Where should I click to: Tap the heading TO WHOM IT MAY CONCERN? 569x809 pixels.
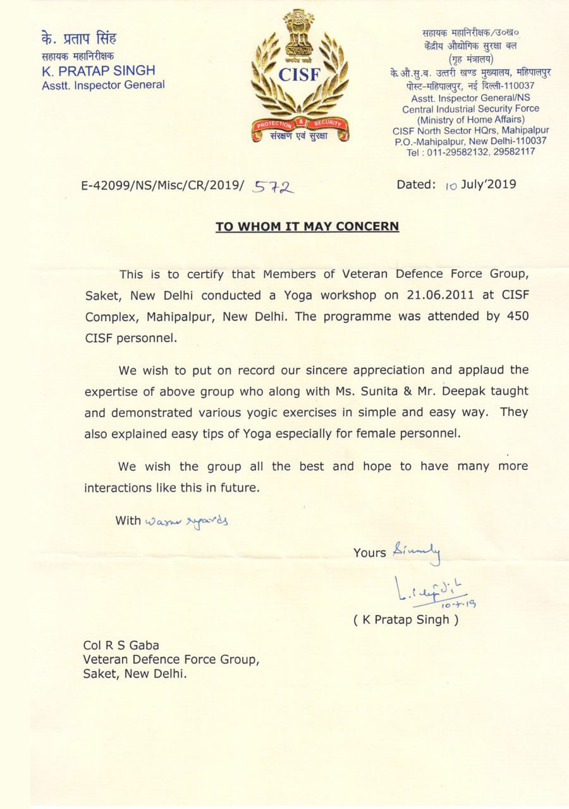coord(307,226)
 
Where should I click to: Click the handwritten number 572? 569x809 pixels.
coord(274,186)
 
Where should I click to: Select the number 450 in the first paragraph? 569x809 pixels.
coord(516,316)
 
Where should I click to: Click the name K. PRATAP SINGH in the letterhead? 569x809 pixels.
coord(98,71)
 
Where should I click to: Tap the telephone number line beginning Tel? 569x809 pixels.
coord(471,152)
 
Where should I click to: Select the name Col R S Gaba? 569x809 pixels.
coord(121,645)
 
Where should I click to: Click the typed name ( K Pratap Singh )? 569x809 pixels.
coord(405,619)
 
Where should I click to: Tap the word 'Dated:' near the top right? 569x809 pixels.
coord(415,185)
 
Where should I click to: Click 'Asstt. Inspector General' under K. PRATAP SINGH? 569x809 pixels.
coord(103,85)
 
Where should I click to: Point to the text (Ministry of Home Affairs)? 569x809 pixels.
coord(471,119)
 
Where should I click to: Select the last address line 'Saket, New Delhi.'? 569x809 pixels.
coord(135,674)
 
